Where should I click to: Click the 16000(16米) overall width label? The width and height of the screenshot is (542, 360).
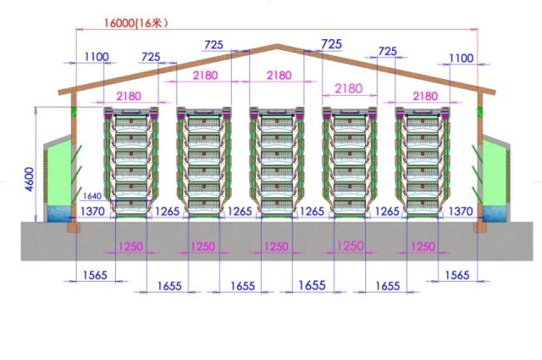click(x=136, y=22)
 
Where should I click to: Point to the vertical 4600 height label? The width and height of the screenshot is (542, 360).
click(x=30, y=179)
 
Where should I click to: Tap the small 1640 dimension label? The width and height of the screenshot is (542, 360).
click(x=93, y=196)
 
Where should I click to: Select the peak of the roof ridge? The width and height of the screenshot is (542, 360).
click(x=277, y=45)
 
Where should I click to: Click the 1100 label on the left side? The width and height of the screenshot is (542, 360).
click(x=97, y=57)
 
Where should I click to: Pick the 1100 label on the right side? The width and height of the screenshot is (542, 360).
click(x=461, y=58)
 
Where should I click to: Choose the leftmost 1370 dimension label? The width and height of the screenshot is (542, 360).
click(x=93, y=211)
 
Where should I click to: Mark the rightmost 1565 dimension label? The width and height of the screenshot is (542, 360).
click(x=457, y=275)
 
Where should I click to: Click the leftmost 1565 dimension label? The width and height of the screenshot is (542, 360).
click(x=95, y=275)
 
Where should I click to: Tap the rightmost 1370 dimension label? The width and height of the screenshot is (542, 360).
click(x=460, y=211)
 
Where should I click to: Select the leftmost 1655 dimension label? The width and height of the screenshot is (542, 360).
click(x=169, y=286)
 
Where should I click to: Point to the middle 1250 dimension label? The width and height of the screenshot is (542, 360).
click(x=276, y=247)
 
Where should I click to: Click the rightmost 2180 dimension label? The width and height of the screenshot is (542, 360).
click(x=425, y=96)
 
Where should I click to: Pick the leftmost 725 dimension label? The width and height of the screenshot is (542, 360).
click(x=151, y=57)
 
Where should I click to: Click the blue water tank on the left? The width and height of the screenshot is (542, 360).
click(x=59, y=213)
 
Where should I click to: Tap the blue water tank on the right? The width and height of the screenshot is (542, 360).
click(x=494, y=213)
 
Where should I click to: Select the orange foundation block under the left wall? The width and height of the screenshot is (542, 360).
click(x=73, y=227)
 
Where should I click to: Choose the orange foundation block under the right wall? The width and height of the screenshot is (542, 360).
click(x=479, y=227)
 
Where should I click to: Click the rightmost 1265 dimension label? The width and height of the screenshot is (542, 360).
click(x=387, y=211)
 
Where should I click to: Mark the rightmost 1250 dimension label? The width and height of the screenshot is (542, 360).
click(x=423, y=247)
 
